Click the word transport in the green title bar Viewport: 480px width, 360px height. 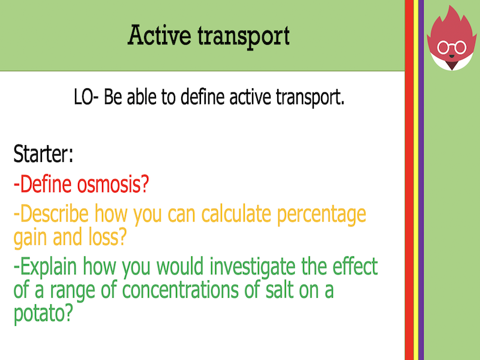[244, 37]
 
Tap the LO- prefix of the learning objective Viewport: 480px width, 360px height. [87, 97]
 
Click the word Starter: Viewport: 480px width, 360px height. [44, 155]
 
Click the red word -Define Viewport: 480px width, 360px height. [45, 184]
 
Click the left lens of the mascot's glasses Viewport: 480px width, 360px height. [445, 47]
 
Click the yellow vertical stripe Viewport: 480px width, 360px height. [415, 180]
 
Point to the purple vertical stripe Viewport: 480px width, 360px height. [421, 180]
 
